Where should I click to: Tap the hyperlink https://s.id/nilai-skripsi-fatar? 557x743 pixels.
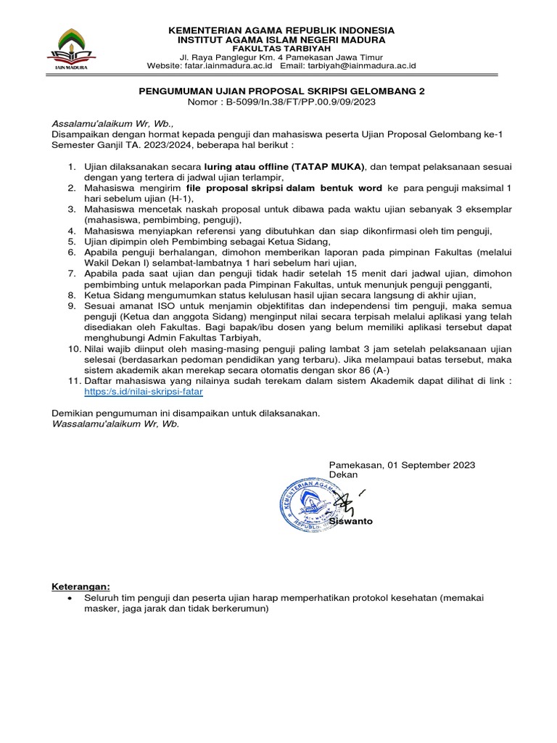coord(144,390)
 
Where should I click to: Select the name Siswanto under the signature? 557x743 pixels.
coord(351,521)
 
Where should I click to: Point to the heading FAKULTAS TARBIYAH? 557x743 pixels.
coord(281,49)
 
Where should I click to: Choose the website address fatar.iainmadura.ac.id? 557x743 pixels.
coord(230,66)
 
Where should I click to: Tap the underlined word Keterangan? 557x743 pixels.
coord(81,586)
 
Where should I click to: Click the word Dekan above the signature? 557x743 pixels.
coord(343,474)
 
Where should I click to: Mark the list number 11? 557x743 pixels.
coord(73,380)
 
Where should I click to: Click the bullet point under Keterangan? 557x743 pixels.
coord(68,598)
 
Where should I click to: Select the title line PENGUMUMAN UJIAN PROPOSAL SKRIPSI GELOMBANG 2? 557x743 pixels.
coord(281,91)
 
